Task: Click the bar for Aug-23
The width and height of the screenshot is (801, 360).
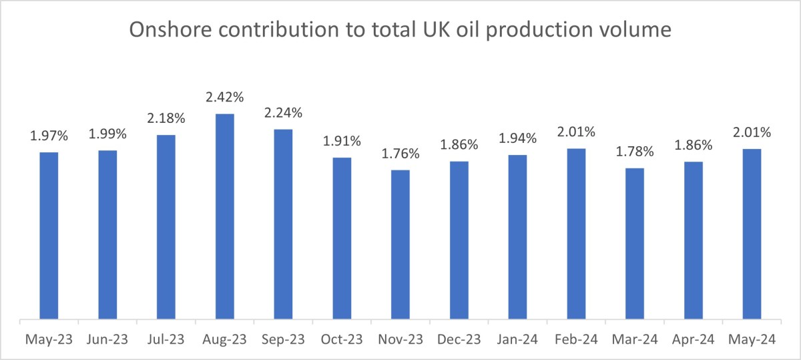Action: tap(225, 217)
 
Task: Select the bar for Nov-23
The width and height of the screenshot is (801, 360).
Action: tap(400, 245)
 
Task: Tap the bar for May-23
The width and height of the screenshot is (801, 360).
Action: tap(49, 236)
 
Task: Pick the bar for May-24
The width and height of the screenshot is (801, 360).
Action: tap(752, 234)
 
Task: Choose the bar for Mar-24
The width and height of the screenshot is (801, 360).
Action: tap(635, 244)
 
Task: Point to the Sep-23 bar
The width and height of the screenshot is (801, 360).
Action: tap(283, 224)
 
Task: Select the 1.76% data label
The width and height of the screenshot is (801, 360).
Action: tap(400, 154)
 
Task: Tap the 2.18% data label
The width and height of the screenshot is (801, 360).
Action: tap(166, 119)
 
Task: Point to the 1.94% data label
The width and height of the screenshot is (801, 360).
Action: tap(518, 139)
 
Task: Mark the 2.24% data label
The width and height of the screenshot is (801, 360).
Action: tap(283, 112)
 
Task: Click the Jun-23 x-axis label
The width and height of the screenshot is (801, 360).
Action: tap(107, 340)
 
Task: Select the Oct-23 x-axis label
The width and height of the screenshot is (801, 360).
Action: tap(342, 340)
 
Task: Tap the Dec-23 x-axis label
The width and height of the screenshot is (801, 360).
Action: tap(459, 340)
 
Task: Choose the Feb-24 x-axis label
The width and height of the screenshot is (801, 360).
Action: tap(576, 340)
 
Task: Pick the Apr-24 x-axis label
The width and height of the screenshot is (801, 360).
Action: tap(694, 340)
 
